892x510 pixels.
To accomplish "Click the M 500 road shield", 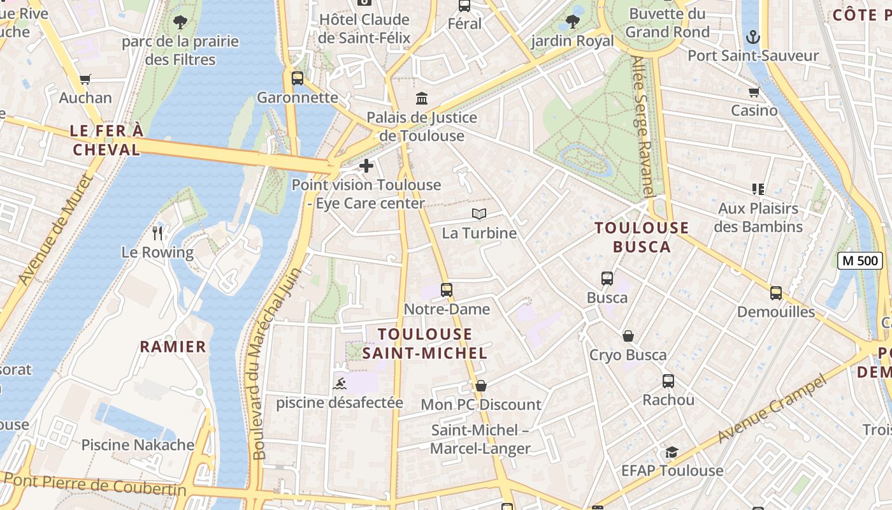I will click(x=860, y=260).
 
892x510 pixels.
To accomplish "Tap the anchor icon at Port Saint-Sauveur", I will click(x=753, y=36).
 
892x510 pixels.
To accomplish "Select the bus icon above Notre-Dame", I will click(x=447, y=290).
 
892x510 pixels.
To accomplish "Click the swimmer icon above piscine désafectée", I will click(x=340, y=384).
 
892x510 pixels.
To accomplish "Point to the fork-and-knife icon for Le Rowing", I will click(x=158, y=233).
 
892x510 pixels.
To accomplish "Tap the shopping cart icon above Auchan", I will click(x=85, y=79).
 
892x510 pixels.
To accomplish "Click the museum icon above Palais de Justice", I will click(x=422, y=98).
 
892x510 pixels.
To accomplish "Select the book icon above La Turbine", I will click(x=479, y=214).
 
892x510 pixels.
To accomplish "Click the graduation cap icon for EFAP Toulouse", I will click(x=672, y=452).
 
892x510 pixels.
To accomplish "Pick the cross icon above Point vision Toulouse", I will click(x=366, y=166).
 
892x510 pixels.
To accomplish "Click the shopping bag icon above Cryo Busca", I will click(x=628, y=336).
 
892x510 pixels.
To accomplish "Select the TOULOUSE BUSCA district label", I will click(x=642, y=237).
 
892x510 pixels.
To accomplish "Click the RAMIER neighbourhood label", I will click(x=173, y=347).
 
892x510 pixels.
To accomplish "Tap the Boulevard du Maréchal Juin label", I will click(x=268, y=363).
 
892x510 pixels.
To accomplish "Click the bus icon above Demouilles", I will click(x=775, y=293).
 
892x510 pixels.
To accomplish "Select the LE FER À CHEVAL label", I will click(x=106, y=140).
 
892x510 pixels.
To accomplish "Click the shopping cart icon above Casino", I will click(x=754, y=92).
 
